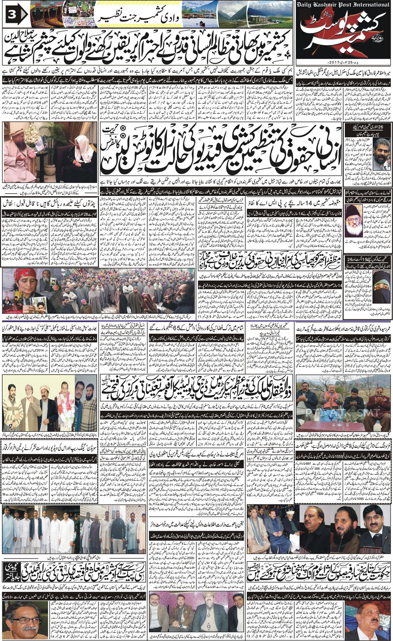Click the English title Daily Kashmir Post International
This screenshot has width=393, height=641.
coord(343,5)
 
